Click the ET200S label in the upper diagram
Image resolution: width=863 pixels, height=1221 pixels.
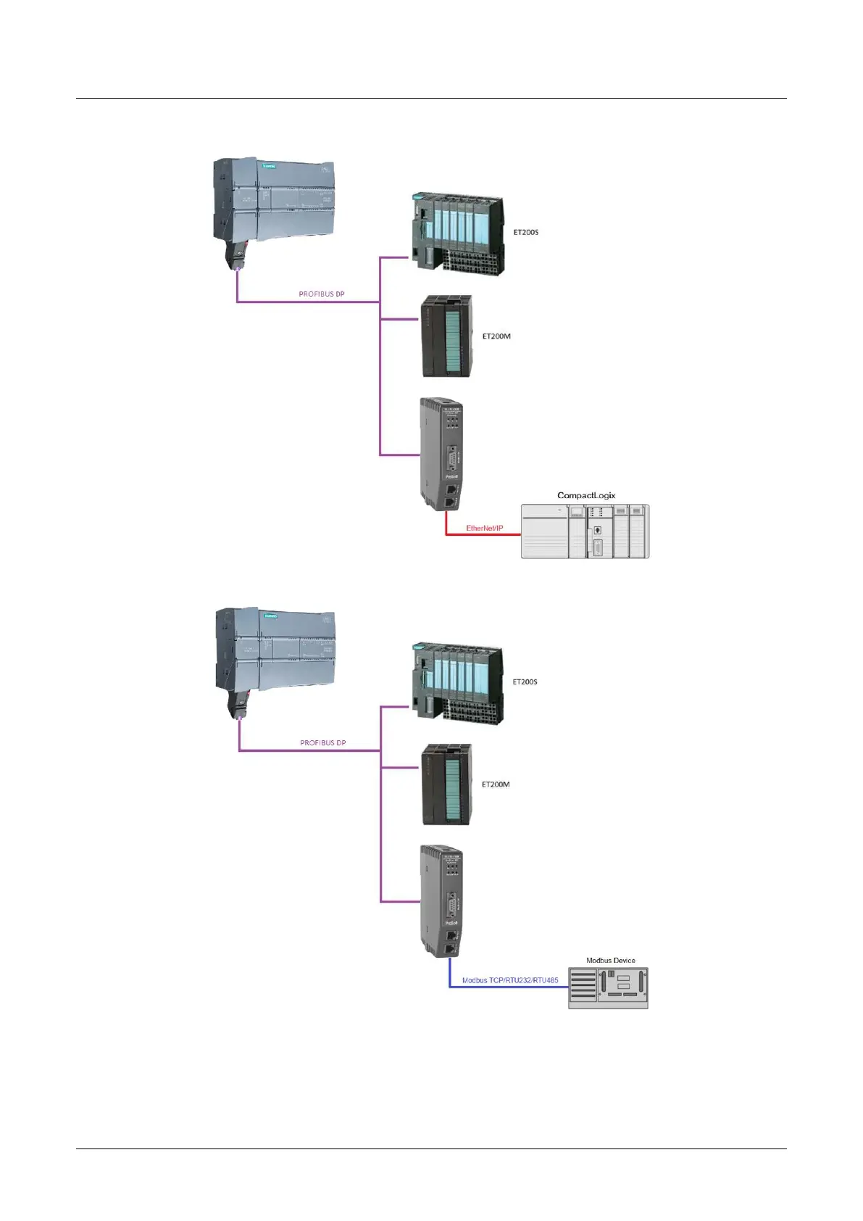pos(525,233)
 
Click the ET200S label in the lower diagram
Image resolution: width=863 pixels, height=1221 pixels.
pos(525,682)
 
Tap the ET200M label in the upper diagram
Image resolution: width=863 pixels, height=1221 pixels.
pos(496,336)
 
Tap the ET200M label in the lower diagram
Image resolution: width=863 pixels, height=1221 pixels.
pos(496,785)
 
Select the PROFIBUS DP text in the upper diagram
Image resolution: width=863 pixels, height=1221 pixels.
pos(322,294)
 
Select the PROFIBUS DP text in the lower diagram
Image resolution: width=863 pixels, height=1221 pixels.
pos(323,743)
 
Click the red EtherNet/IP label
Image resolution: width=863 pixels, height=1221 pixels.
pos(484,528)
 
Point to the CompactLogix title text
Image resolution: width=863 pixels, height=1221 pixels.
pos(585,496)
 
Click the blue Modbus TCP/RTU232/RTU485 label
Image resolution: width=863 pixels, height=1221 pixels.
pos(510,980)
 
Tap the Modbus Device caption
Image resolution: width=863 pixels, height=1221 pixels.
pos(610,960)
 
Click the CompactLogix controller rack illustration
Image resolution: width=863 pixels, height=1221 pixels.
pos(585,531)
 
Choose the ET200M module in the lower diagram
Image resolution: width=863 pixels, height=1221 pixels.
pos(447,785)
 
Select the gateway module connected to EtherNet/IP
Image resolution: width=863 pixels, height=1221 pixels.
pos(442,453)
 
